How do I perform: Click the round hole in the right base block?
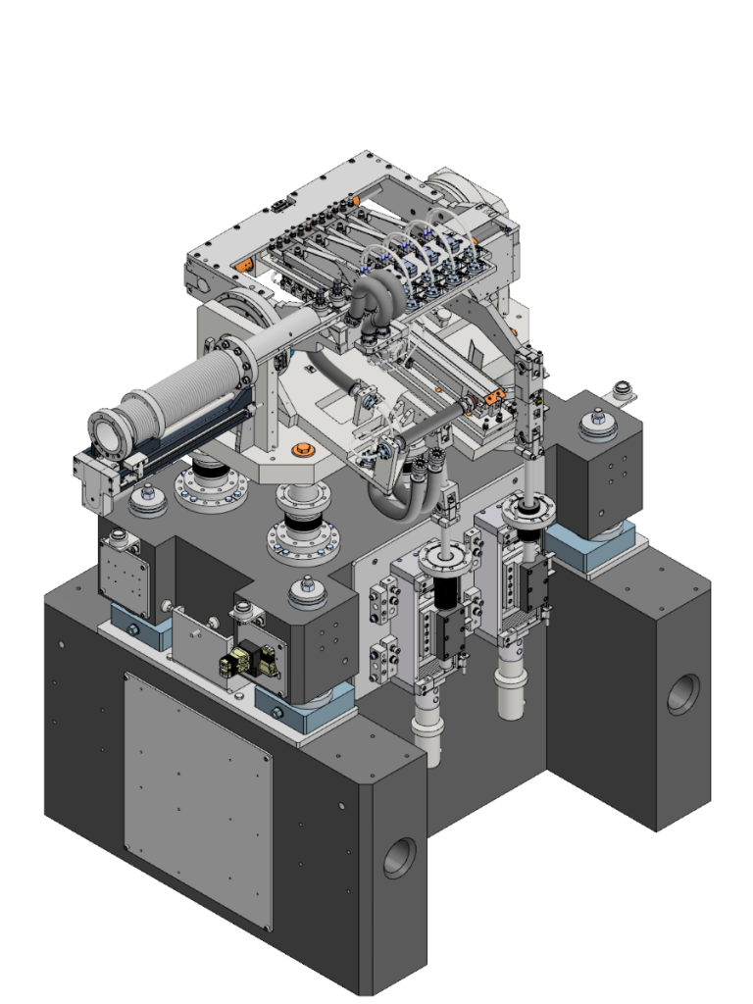pos(683,693)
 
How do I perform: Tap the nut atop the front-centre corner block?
pos(305,593)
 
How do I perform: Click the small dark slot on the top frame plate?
pos(280,204)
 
